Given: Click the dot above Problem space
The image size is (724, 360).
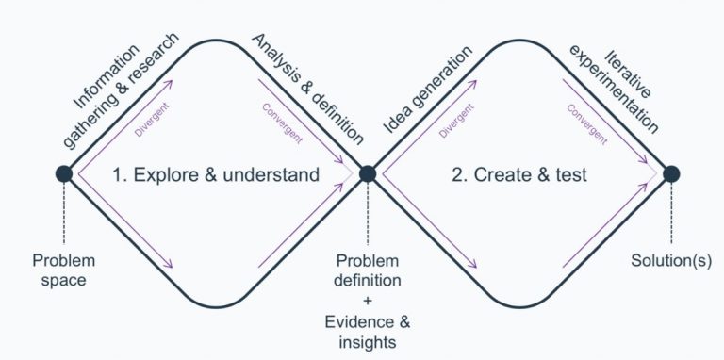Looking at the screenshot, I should coord(64,173).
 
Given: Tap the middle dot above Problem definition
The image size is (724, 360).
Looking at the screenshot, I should coord(368,173).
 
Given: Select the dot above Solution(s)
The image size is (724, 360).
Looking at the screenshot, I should coord(671,173).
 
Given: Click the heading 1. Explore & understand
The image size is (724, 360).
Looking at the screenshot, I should coord(216,174).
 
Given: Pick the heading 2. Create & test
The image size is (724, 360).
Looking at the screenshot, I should coord(518,174).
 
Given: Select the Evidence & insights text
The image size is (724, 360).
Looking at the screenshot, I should coord(368,332).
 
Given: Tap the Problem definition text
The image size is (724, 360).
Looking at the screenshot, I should coord(368,270).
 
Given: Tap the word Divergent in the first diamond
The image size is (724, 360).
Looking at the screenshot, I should coord(151,122).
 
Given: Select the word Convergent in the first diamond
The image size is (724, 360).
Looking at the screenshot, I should coord(281,123).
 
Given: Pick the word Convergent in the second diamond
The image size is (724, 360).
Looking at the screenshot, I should coord(585,123).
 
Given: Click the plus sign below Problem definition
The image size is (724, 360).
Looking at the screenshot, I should coord(368,301).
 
